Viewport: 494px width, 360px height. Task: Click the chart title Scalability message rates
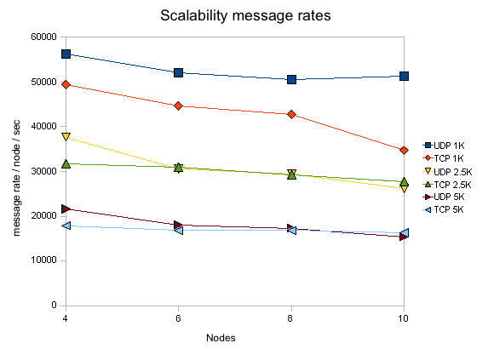[245, 15]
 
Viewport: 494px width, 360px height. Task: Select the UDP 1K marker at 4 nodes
[66, 54]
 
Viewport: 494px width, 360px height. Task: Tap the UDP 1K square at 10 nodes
[404, 76]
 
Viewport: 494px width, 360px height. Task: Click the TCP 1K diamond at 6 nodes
[178, 106]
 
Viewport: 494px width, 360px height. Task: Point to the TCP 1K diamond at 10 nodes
[404, 151]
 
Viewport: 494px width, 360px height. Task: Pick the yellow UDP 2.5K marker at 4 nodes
[66, 136]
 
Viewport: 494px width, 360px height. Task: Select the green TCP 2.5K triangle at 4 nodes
[66, 163]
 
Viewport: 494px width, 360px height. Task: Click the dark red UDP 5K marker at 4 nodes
[66, 209]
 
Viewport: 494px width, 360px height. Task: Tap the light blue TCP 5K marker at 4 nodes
[66, 226]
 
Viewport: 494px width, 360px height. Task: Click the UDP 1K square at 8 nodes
[291, 80]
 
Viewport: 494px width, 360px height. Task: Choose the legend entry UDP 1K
[444, 146]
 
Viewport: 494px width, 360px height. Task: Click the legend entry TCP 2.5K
[447, 185]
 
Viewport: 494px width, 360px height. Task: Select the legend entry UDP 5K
[444, 197]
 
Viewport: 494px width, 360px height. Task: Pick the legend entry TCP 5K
[443, 209]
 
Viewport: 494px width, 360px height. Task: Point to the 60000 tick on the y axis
[43, 37]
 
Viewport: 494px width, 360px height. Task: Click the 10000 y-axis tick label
[43, 260]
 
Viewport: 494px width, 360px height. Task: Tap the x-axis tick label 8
[290, 318]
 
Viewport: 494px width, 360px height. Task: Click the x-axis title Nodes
[221, 338]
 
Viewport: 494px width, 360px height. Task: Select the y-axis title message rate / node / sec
[16, 178]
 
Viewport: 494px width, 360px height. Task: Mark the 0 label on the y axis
[54, 305]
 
